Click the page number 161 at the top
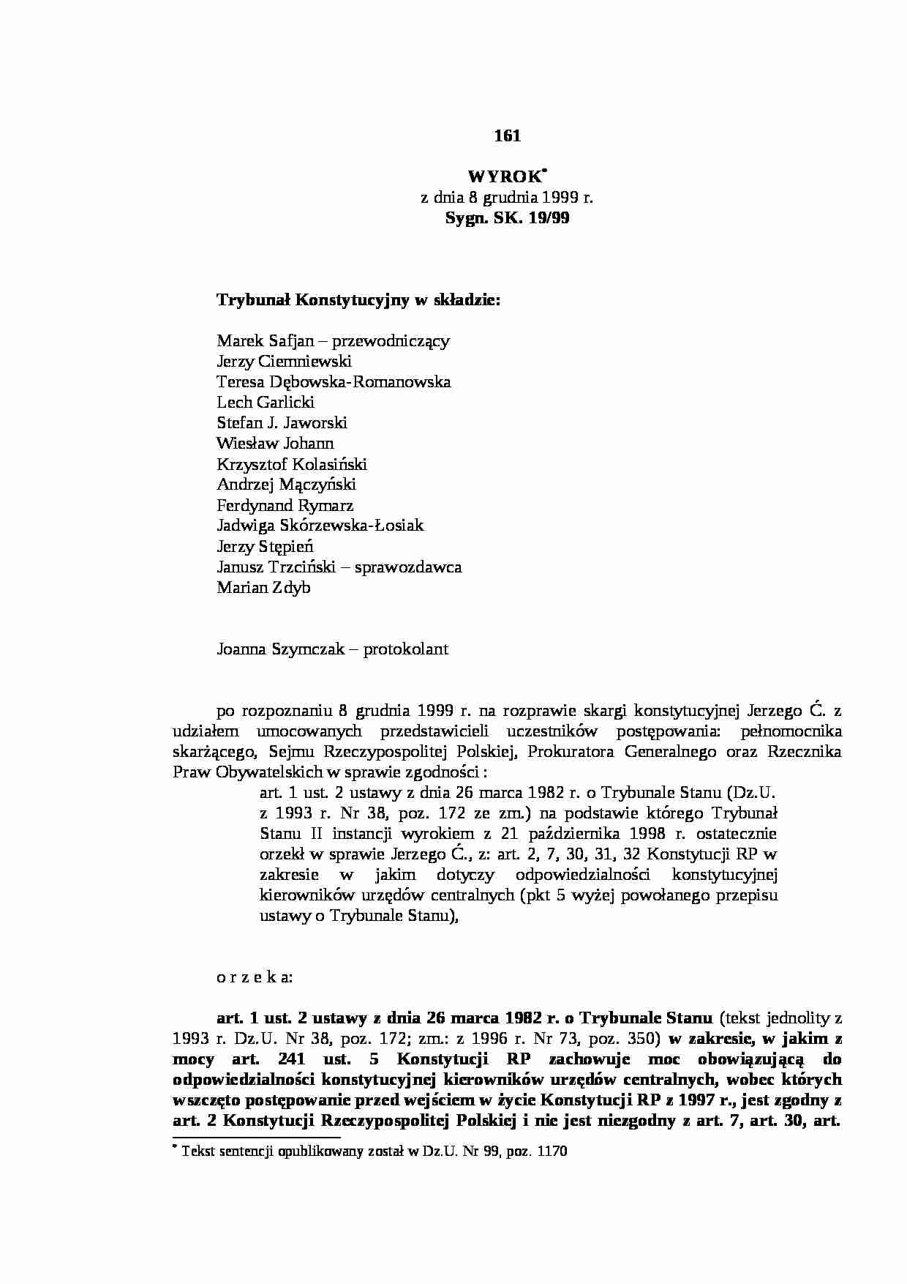[x=507, y=135]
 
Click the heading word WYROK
[x=504, y=177]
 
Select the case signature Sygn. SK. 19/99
[x=507, y=217]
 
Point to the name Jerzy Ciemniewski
[x=284, y=361]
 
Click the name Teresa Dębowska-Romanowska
[x=334, y=381]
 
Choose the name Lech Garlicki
[x=266, y=402]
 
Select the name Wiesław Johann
[x=275, y=443]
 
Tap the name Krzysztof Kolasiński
[x=292, y=464]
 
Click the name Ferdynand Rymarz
[x=285, y=505]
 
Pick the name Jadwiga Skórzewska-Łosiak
[x=320, y=526]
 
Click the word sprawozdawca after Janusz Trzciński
[x=408, y=567]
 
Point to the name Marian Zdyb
[x=263, y=588]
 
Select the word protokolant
[x=406, y=649]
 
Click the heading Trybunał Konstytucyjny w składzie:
[x=358, y=299]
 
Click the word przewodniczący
[x=391, y=340]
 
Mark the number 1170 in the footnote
[x=552, y=1151]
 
